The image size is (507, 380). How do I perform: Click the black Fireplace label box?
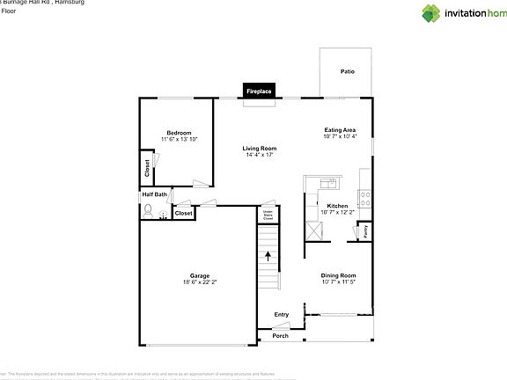tap(259, 91)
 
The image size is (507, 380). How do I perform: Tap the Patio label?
tap(349, 72)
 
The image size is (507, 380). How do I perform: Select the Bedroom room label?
tap(179, 133)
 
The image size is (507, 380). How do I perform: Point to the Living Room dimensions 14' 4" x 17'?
tap(260, 155)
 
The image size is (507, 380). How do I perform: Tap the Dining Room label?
tap(339, 276)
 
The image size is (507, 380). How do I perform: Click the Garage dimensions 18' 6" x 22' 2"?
tap(198, 281)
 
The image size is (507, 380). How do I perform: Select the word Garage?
tap(199, 274)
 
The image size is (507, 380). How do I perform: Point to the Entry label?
tap(282, 315)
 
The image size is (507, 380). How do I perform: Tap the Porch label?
tap(280, 335)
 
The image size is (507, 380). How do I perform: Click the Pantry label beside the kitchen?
tap(366, 232)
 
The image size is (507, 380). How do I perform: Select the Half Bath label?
tap(153, 195)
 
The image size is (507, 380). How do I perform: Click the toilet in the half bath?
tap(149, 211)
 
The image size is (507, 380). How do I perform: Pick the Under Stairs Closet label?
tap(268, 215)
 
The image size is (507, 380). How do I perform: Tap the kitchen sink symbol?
tap(327, 183)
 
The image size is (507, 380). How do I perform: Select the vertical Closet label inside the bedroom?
tap(146, 166)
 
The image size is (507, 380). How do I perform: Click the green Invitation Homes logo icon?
tap(430, 13)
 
